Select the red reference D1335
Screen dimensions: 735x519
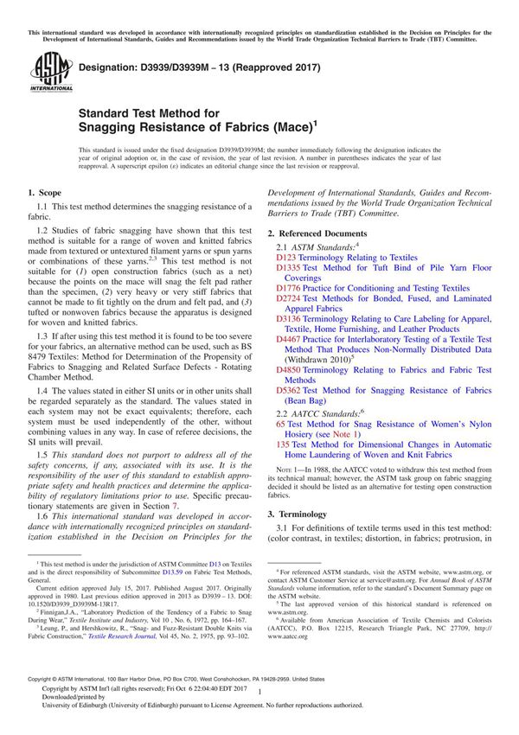[x=290, y=268]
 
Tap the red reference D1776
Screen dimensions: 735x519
[x=290, y=288]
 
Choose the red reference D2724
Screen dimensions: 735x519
[x=290, y=298]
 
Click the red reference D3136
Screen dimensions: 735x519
[x=290, y=319]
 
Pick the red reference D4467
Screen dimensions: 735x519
[x=290, y=340]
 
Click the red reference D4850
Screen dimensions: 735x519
[x=290, y=370]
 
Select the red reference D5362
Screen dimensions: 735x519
[x=290, y=391]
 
